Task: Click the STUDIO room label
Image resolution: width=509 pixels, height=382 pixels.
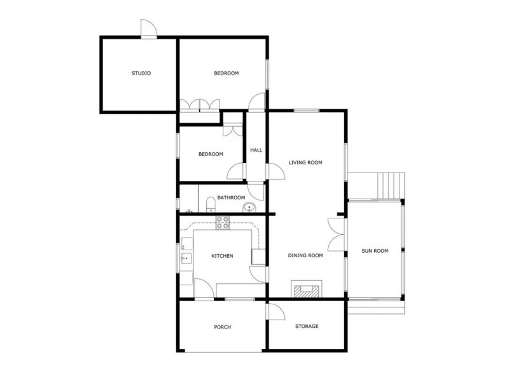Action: coord(141,73)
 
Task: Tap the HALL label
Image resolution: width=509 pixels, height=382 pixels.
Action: coord(256,150)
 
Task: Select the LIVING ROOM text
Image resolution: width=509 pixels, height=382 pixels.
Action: coord(305,162)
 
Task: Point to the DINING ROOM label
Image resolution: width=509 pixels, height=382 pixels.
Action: coord(305,256)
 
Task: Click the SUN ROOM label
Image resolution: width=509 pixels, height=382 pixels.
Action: coord(375,251)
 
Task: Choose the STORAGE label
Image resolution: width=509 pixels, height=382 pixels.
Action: coord(307,326)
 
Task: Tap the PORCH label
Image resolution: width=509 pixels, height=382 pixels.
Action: coord(222,327)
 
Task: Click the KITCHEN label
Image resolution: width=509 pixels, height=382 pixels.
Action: coord(222,256)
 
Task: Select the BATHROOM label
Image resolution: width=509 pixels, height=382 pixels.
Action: coord(231,197)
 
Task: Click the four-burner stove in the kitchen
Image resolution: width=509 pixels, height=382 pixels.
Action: coord(223,222)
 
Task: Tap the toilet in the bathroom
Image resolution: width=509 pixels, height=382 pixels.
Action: coord(211,204)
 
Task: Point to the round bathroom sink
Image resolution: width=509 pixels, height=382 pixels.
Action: coord(249,207)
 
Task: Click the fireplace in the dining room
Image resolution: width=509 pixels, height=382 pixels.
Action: coord(307,289)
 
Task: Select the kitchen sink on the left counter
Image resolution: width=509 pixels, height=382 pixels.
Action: coord(186,259)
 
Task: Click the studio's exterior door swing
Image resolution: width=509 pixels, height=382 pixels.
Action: coord(149,29)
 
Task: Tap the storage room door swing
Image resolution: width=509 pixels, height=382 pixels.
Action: coord(276,312)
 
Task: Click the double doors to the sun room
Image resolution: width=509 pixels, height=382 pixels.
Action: coord(337,234)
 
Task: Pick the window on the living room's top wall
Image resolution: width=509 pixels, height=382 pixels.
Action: coord(307,111)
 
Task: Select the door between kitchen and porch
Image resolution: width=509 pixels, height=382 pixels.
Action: coord(204,288)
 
